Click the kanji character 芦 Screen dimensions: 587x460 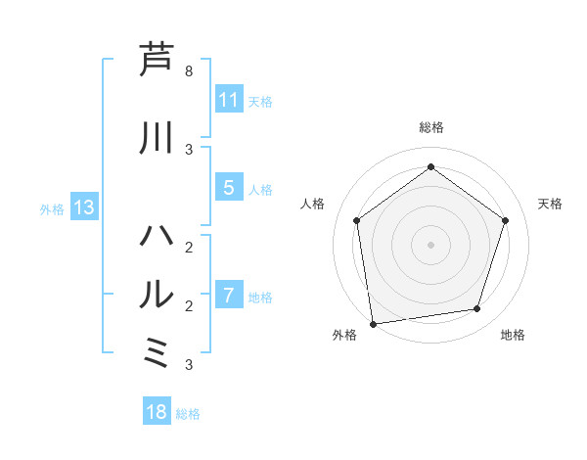(158, 60)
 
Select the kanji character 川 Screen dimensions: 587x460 (158, 138)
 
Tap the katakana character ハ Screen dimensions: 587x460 (158, 236)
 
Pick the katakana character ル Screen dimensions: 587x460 (158, 294)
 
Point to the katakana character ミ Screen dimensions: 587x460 (158, 352)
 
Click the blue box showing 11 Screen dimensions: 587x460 (229, 100)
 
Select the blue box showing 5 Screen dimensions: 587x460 (229, 188)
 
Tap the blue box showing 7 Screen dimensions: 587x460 (229, 296)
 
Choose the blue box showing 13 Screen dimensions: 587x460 (83, 207)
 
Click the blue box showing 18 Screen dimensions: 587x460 (157, 412)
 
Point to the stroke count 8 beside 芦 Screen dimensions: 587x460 (189, 71)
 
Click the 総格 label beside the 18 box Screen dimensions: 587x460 (188, 414)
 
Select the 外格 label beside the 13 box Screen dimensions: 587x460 (52, 208)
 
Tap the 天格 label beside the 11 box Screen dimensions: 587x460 (260, 102)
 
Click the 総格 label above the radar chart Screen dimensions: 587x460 (430, 127)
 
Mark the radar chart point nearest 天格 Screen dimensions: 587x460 (506, 220)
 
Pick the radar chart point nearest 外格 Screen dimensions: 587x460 (373, 323)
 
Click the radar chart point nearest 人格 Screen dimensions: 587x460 (356, 220)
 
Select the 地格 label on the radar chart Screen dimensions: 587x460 (513, 335)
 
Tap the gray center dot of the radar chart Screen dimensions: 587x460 (430, 244)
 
